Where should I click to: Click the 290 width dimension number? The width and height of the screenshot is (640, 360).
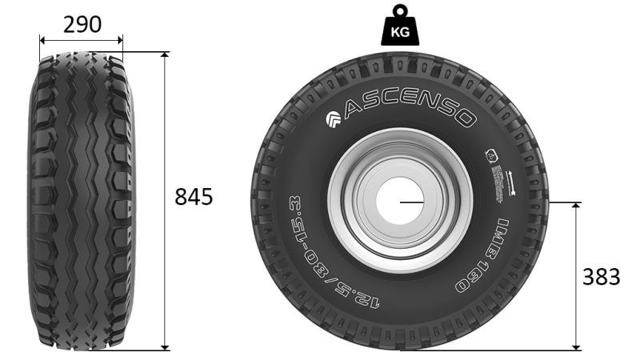point(82,24)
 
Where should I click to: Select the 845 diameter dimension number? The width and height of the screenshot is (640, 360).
point(194,197)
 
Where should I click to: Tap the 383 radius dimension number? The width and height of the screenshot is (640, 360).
point(601,277)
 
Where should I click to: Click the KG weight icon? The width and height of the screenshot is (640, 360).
point(400,30)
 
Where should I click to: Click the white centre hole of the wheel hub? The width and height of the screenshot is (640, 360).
point(400,202)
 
